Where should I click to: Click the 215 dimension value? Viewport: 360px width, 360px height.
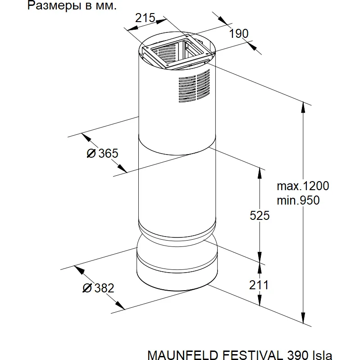(x=145, y=18)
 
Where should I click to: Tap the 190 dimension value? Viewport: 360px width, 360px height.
(x=239, y=34)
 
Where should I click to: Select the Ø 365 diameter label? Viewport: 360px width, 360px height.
(x=102, y=153)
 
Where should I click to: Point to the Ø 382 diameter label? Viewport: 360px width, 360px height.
(x=98, y=288)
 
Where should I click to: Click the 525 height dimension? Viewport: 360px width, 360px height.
(x=260, y=215)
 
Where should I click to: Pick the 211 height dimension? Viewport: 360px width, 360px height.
(x=259, y=285)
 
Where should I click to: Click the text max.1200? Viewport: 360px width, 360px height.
(x=303, y=186)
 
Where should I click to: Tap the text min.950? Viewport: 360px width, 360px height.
(x=298, y=201)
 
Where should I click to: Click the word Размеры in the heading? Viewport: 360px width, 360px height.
(x=54, y=6)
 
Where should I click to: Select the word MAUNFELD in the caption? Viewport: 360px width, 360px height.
(x=183, y=355)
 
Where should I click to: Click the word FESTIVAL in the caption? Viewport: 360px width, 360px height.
(x=253, y=355)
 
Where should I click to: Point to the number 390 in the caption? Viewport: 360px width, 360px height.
(x=298, y=355)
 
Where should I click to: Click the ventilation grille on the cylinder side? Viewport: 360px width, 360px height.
(x=194, y=86)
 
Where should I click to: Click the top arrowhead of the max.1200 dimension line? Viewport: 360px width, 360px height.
(x=303, y=107)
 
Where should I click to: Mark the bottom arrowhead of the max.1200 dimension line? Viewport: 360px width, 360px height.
(x=303, y=318)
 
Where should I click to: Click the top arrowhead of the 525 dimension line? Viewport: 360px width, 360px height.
(x=260, y=173)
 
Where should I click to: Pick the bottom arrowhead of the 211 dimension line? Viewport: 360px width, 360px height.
(x=260, y=301)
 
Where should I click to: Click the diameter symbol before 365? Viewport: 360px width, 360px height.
(x=91, y=153)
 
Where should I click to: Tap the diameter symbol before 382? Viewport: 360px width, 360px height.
(x=87, y=288)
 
